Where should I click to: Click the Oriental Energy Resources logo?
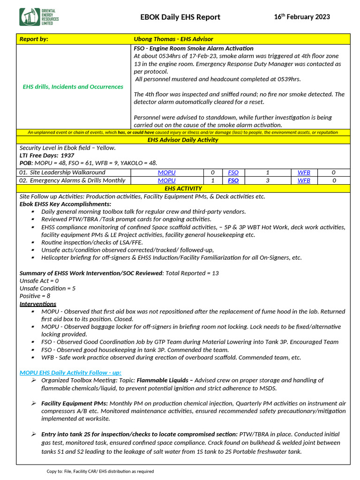tap(39, 17)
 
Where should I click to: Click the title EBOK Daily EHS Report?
tap(180, 17)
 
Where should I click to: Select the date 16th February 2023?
tap(301, 17)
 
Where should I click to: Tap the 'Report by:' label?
tap(34, 39)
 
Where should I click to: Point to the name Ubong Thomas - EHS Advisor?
tap(173, 39)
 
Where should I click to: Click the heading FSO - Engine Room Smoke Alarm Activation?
tap(194, 48)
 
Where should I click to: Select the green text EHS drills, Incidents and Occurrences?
tap(73, 87)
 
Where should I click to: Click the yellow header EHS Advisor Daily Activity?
tap(183, 140)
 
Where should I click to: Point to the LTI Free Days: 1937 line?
tap(47, 155)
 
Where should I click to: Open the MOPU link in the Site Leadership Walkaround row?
tap(166, 172)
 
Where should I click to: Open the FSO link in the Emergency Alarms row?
tap(233, 180)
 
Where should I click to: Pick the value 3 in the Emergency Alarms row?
tap(267, 180)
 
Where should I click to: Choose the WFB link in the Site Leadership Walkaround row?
tap(304, 172)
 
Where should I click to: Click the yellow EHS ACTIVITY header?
tap(183, 188)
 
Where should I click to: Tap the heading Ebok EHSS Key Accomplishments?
tap(65, 204)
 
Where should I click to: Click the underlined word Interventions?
tap(37, 304)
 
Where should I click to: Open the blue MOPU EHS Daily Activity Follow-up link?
tap(70, 373)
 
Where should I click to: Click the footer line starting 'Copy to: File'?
tap(100, 471)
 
